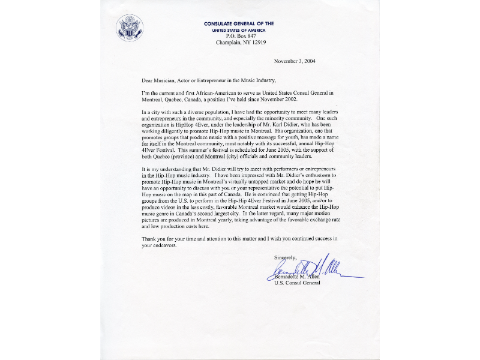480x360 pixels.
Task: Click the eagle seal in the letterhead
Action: pos(130,28)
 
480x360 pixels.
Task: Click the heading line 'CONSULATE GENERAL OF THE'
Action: pos(238,23)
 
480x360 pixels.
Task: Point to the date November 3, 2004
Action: pos(295,61)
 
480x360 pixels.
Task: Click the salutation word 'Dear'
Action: pos(148,80)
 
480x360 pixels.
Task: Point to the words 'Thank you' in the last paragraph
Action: pos(153,239)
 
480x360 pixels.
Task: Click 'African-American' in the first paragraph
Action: pos(215,94)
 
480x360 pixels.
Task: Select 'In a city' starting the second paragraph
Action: pos(152,113)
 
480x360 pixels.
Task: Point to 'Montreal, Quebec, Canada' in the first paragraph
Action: pos(172,100)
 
